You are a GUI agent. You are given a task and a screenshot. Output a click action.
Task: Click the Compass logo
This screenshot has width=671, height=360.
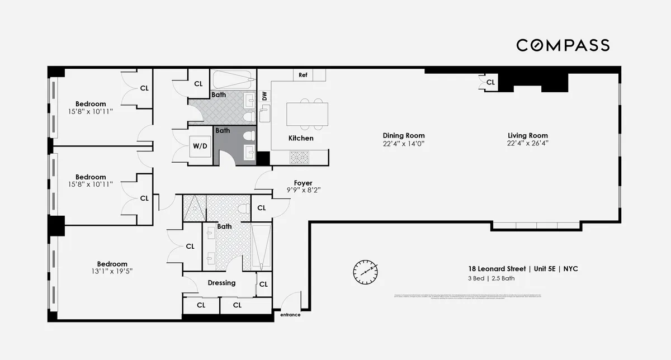563,45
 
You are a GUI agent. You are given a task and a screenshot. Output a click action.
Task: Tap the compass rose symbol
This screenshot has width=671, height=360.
365,272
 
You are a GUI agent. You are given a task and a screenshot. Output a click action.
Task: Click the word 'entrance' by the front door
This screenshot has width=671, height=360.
290,315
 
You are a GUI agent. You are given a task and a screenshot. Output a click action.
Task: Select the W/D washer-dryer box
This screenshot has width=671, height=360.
200,146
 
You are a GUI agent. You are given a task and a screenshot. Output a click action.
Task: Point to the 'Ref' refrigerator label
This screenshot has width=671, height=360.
303,75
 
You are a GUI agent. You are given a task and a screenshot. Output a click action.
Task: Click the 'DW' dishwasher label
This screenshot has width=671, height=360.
264,96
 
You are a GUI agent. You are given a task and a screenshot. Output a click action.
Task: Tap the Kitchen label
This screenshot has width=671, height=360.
301,138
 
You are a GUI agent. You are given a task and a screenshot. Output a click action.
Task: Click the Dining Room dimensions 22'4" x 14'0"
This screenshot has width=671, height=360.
403,143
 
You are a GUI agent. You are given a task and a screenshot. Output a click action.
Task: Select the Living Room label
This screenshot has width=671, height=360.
527,135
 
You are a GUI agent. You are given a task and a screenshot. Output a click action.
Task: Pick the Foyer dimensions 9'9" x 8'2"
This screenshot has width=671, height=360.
303,190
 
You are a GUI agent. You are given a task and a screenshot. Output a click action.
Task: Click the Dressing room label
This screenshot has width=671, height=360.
221,283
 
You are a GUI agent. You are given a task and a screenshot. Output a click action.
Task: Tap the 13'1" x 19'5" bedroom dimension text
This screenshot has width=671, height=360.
112,272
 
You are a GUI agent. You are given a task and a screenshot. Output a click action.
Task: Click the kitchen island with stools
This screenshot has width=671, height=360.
307,114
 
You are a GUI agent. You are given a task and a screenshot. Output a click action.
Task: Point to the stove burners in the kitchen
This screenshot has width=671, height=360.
296,158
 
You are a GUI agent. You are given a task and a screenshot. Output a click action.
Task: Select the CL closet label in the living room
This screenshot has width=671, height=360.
490,82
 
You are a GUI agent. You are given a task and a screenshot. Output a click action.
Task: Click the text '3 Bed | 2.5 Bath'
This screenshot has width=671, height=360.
492,278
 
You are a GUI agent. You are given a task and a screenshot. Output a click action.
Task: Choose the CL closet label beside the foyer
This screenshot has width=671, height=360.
262,208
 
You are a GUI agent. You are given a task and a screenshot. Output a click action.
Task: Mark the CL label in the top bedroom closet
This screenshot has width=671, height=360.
144,88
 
